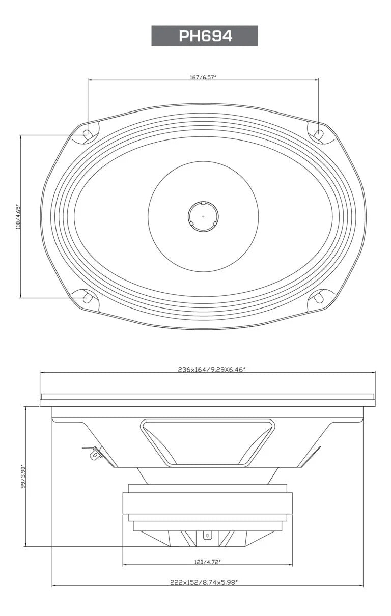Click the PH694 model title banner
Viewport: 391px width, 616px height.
point(204,36)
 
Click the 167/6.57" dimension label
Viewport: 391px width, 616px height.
point(203,78)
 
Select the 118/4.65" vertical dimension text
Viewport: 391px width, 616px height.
point(19,216)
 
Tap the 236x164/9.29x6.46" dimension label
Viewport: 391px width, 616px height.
point(208,370)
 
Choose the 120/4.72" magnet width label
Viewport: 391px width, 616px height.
point(208,562)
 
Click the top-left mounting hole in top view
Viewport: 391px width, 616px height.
point(88,135)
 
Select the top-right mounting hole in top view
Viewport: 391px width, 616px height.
point(319,134)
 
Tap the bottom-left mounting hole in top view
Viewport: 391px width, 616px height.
point(88,298)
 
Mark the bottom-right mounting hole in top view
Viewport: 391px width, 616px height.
point(319,297)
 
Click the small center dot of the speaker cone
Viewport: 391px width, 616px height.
point(203,216)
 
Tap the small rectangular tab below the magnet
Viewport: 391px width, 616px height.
point(207,536)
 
